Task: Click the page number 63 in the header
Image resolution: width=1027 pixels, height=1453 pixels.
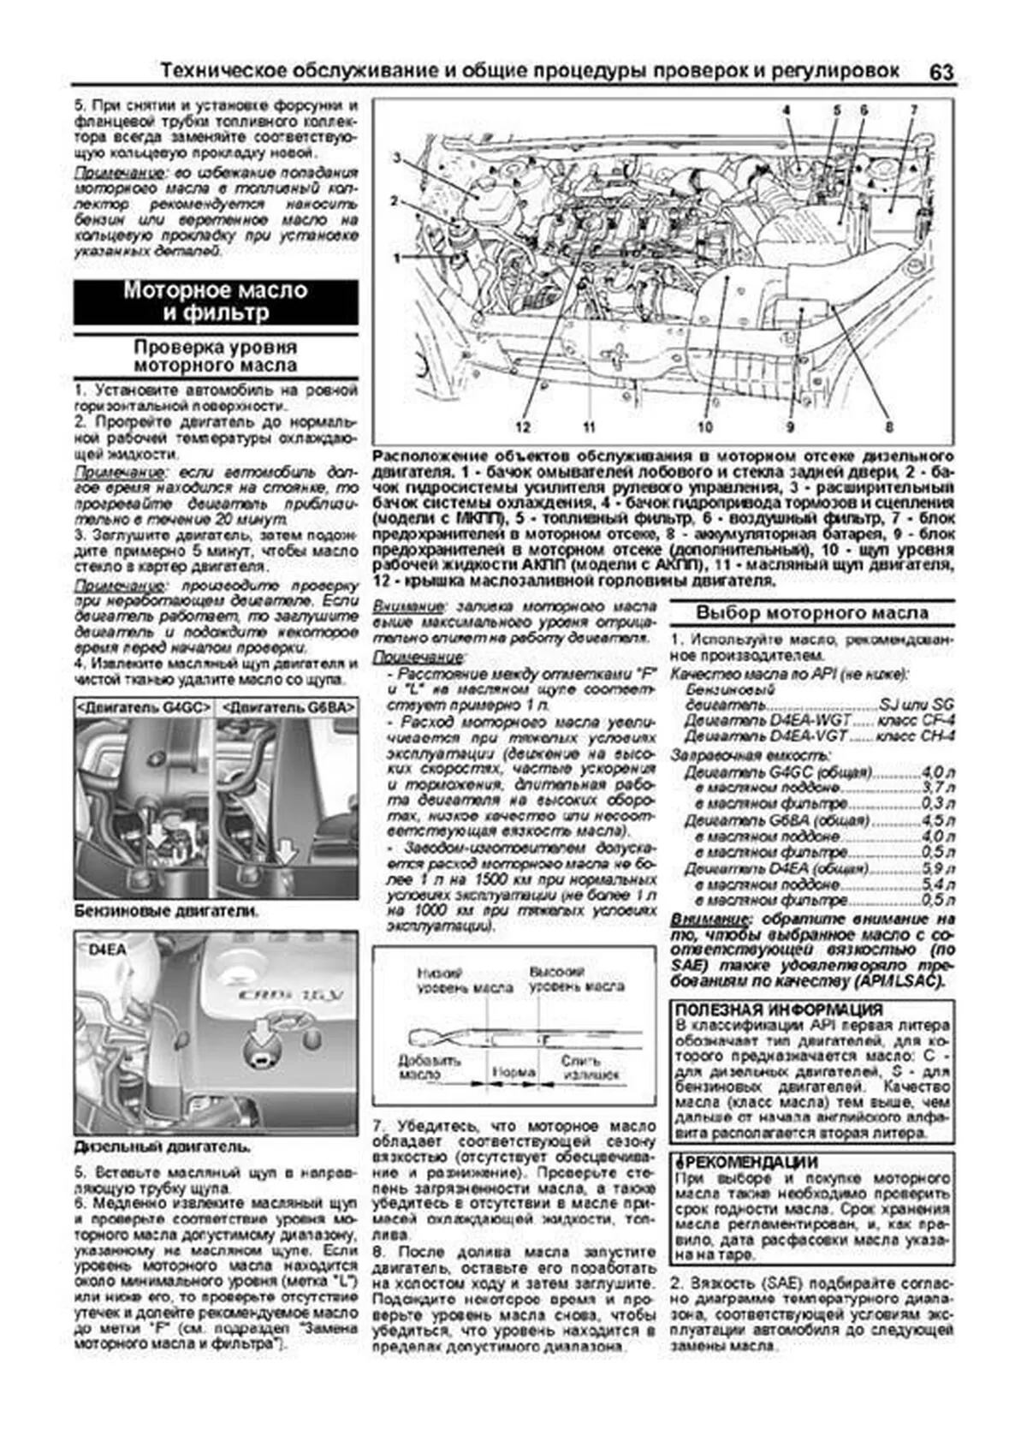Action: tap(940, 72)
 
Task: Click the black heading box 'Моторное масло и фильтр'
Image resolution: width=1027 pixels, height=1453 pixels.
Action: tap(216, 301)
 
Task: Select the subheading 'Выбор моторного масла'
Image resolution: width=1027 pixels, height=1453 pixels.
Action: tap(811, 613)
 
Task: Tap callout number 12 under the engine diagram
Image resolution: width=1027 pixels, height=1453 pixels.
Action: tap(523, 427)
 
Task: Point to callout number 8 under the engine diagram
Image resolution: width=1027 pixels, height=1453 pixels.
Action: tap(888, 427)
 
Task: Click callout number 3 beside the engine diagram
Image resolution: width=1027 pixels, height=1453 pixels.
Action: tap(397, 156)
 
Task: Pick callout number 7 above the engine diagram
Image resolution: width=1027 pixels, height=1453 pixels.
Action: tap(913, 110)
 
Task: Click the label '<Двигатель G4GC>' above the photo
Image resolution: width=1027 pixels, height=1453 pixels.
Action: tap(145, 707)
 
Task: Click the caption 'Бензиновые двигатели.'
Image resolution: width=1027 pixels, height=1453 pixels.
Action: tap(165, 911)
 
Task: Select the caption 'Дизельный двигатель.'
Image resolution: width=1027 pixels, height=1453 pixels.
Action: tap(163, 1146)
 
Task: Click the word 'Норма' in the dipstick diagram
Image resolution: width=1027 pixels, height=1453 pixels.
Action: tap(514, 1071)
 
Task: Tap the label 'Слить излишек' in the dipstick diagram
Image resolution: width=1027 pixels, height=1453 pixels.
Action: tap(582, 1066)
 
